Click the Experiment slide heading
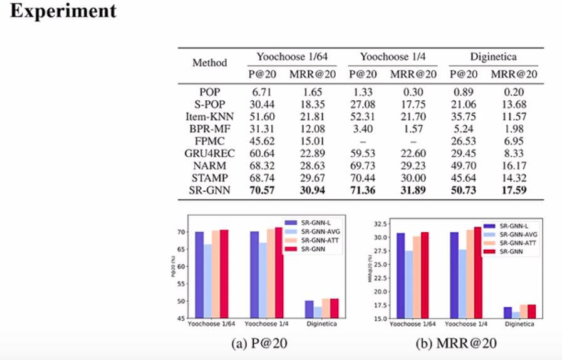(63, 11)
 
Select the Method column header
(209, 63)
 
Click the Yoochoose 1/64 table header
(291, 57)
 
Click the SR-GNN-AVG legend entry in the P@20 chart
(317, 231)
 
